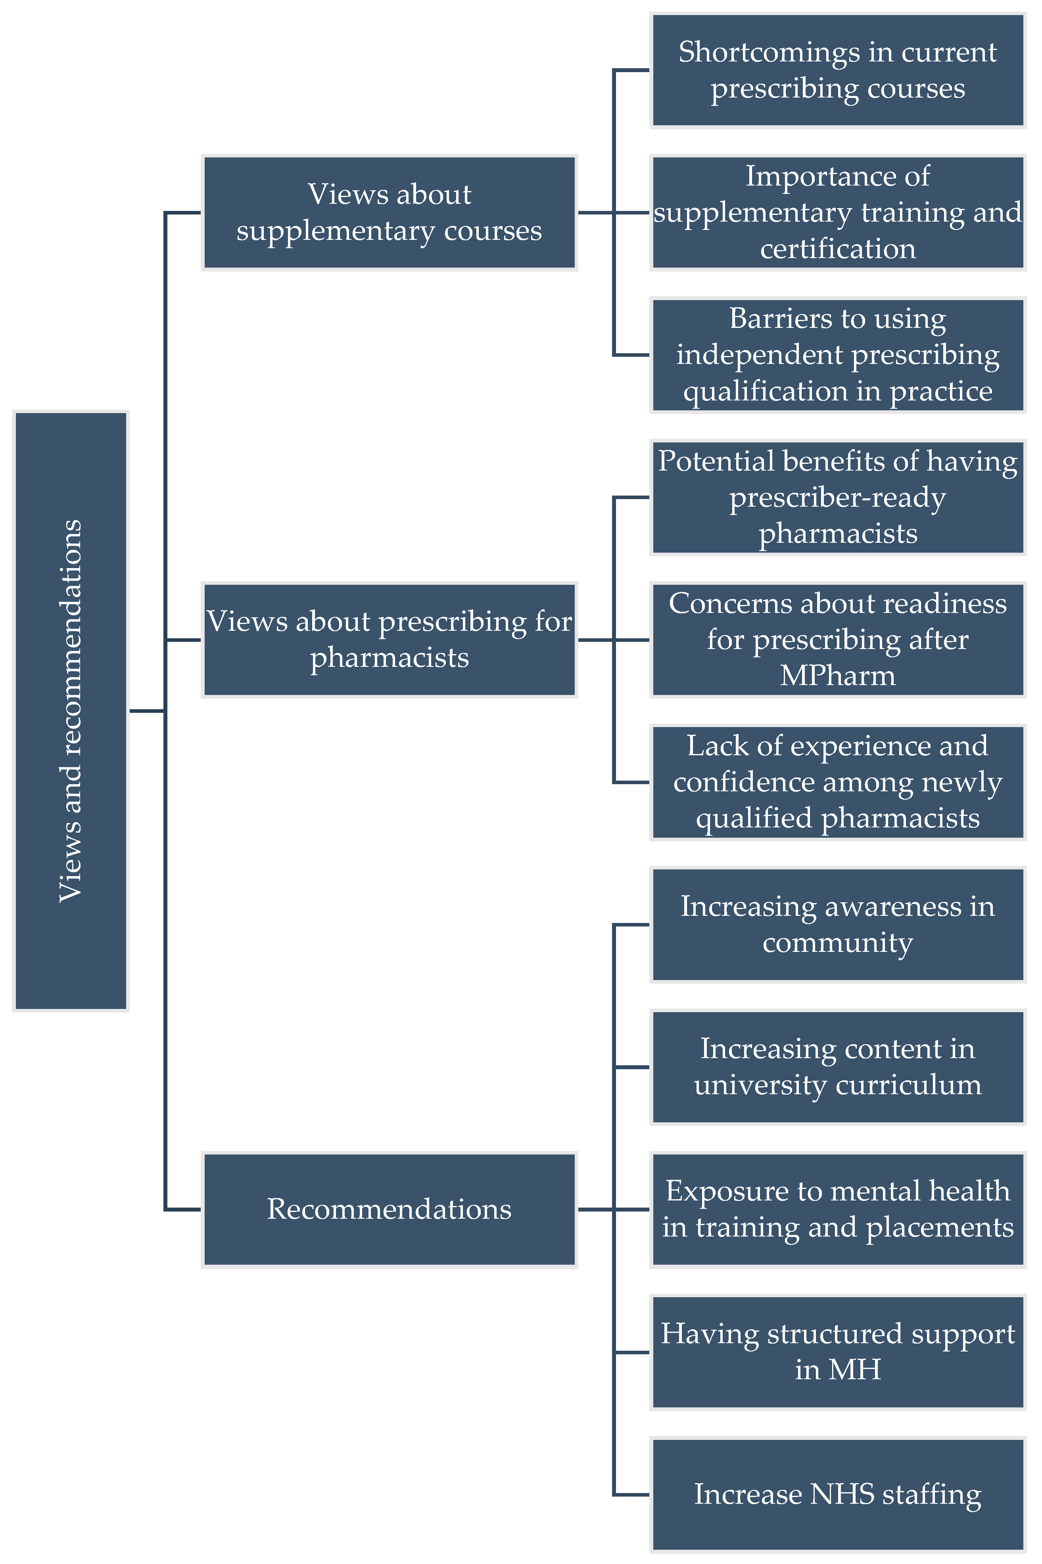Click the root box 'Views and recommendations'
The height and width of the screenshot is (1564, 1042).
[x=71, y=710]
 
